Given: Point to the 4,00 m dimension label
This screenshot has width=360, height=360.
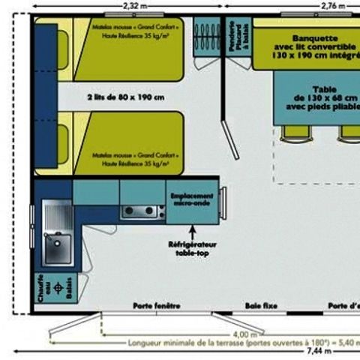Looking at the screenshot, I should [241, 334].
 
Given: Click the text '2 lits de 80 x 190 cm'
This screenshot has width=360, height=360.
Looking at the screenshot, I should [125, 98].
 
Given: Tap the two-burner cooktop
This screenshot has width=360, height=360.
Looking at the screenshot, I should [142, 211].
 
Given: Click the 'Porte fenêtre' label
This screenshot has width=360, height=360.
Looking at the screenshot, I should [157, 306].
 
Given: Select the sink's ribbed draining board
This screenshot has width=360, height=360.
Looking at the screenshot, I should [54, 216].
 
